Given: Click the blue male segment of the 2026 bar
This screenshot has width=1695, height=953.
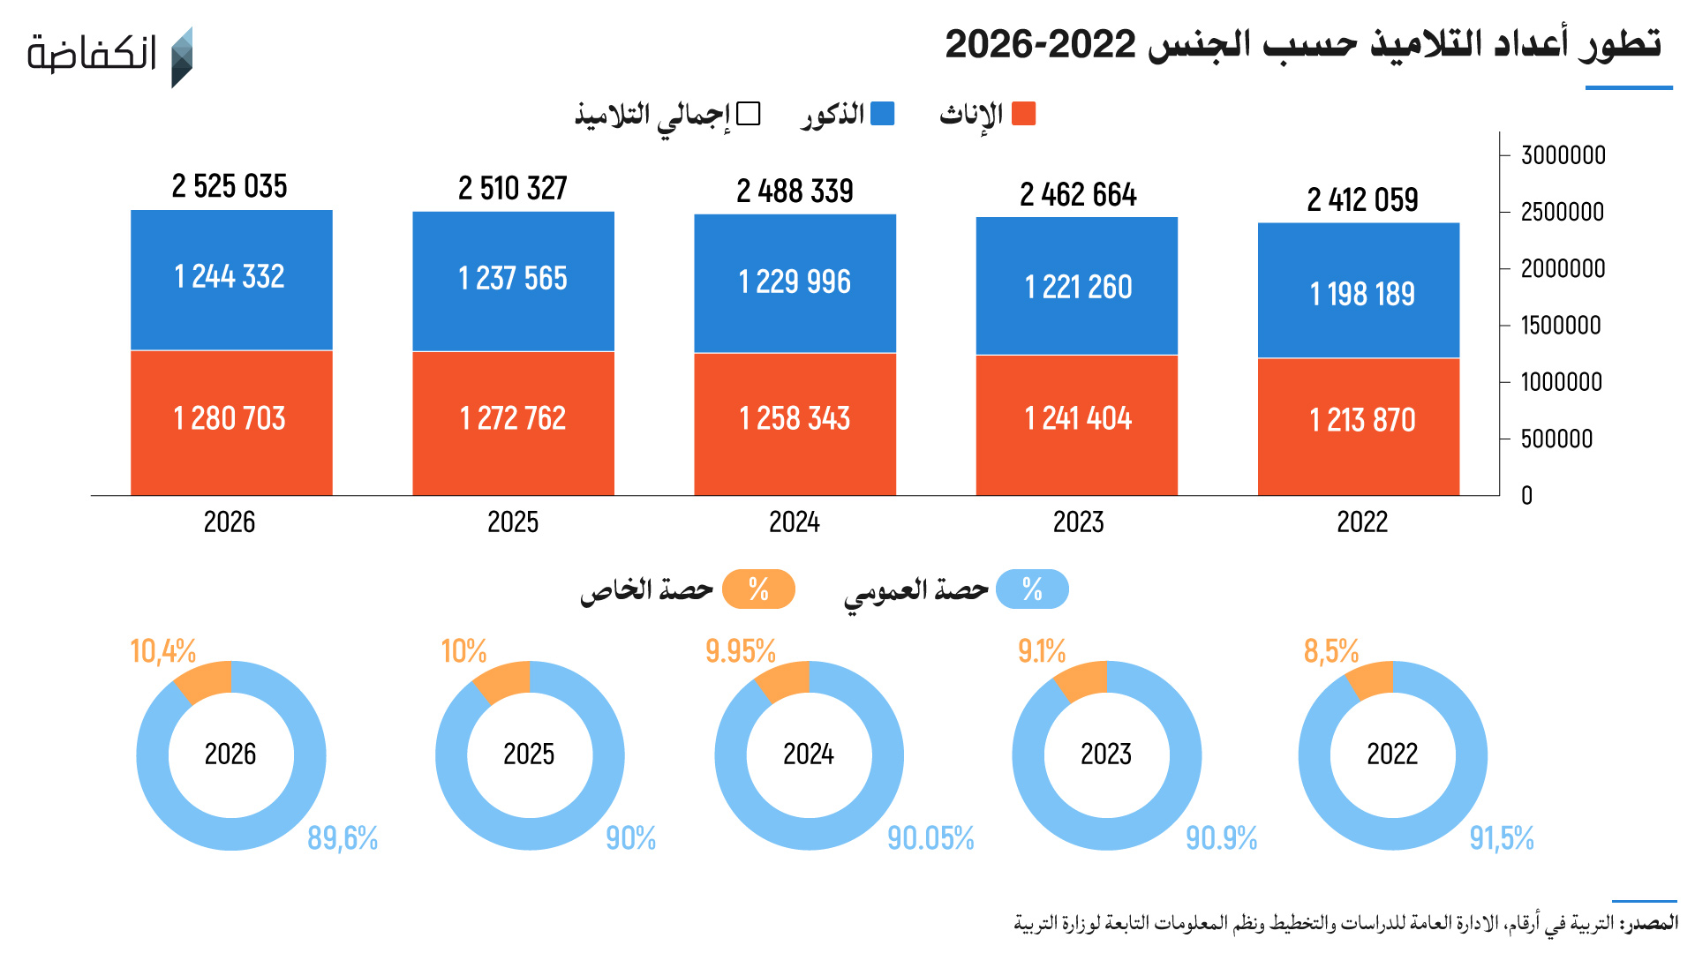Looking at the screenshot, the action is pos(231,280).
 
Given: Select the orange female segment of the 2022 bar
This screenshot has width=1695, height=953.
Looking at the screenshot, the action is pos(1359,427).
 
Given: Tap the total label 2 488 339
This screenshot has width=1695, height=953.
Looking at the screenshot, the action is pos(795,191).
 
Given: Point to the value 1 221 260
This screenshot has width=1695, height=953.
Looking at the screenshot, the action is pos(1078,287).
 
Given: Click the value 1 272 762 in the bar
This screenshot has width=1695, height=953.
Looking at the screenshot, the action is pos(513,417).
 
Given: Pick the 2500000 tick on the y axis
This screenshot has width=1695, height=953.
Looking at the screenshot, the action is pos(1562,212).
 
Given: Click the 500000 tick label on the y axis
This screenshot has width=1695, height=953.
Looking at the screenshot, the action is pos(1556,439).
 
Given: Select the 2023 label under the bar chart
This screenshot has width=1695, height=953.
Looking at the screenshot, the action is pos(1078,522).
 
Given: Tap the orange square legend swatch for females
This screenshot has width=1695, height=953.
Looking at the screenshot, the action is pos(1023,114).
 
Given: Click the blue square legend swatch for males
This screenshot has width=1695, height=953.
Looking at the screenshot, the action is pos(882,114).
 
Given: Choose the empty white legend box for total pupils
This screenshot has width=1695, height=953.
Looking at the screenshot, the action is pos(749,114).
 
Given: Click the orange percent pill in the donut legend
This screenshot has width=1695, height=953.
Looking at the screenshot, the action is pos(758,589).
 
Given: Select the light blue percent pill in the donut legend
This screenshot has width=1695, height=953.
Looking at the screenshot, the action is pos(1032,589).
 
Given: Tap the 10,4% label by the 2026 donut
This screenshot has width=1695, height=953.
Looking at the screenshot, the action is pos(163,651).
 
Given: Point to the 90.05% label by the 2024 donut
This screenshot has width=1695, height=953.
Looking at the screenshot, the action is pos(930,838).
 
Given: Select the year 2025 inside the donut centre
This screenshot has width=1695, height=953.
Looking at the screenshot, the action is pos(529,754).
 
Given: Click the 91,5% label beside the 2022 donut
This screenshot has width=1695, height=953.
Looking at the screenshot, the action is pos(1502,838).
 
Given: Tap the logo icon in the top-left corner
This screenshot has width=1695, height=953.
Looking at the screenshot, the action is pos(181,57).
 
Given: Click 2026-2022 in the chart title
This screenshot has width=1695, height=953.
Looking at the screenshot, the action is pos(1040,44).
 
